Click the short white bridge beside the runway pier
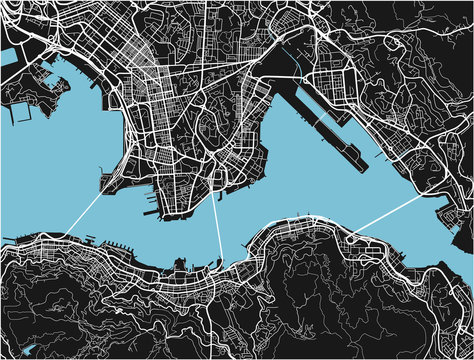(x=290, y=75)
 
